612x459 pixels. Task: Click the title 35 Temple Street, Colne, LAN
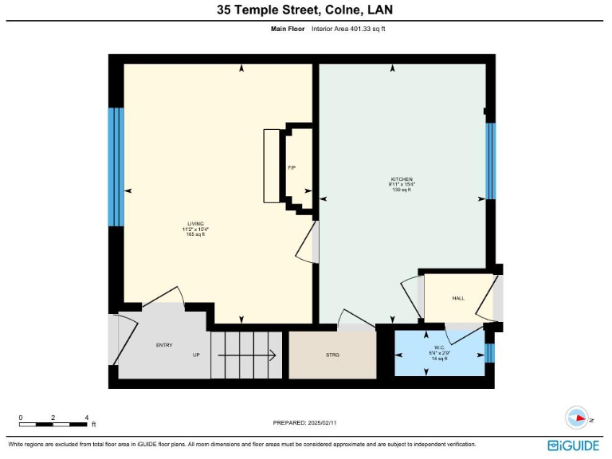point(305,10)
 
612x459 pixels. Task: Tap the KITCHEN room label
point(401,178)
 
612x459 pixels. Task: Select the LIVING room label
point(195,224)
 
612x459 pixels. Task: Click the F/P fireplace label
point(292,168)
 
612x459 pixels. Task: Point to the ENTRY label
point(163,344)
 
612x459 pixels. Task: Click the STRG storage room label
point(332,354)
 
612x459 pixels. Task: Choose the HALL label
point(458,298)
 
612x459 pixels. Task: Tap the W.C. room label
point(439,347)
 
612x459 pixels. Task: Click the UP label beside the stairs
point(195,355)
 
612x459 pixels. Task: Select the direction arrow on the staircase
point(247,355)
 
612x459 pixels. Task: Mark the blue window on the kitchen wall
point(490,160)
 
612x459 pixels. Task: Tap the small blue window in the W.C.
point(489,353)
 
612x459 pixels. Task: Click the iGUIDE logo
point(573,445)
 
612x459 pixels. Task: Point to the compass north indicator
point(576,418)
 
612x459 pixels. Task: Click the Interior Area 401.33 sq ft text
point(348,29)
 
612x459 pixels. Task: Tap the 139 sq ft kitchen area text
point(401,190)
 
